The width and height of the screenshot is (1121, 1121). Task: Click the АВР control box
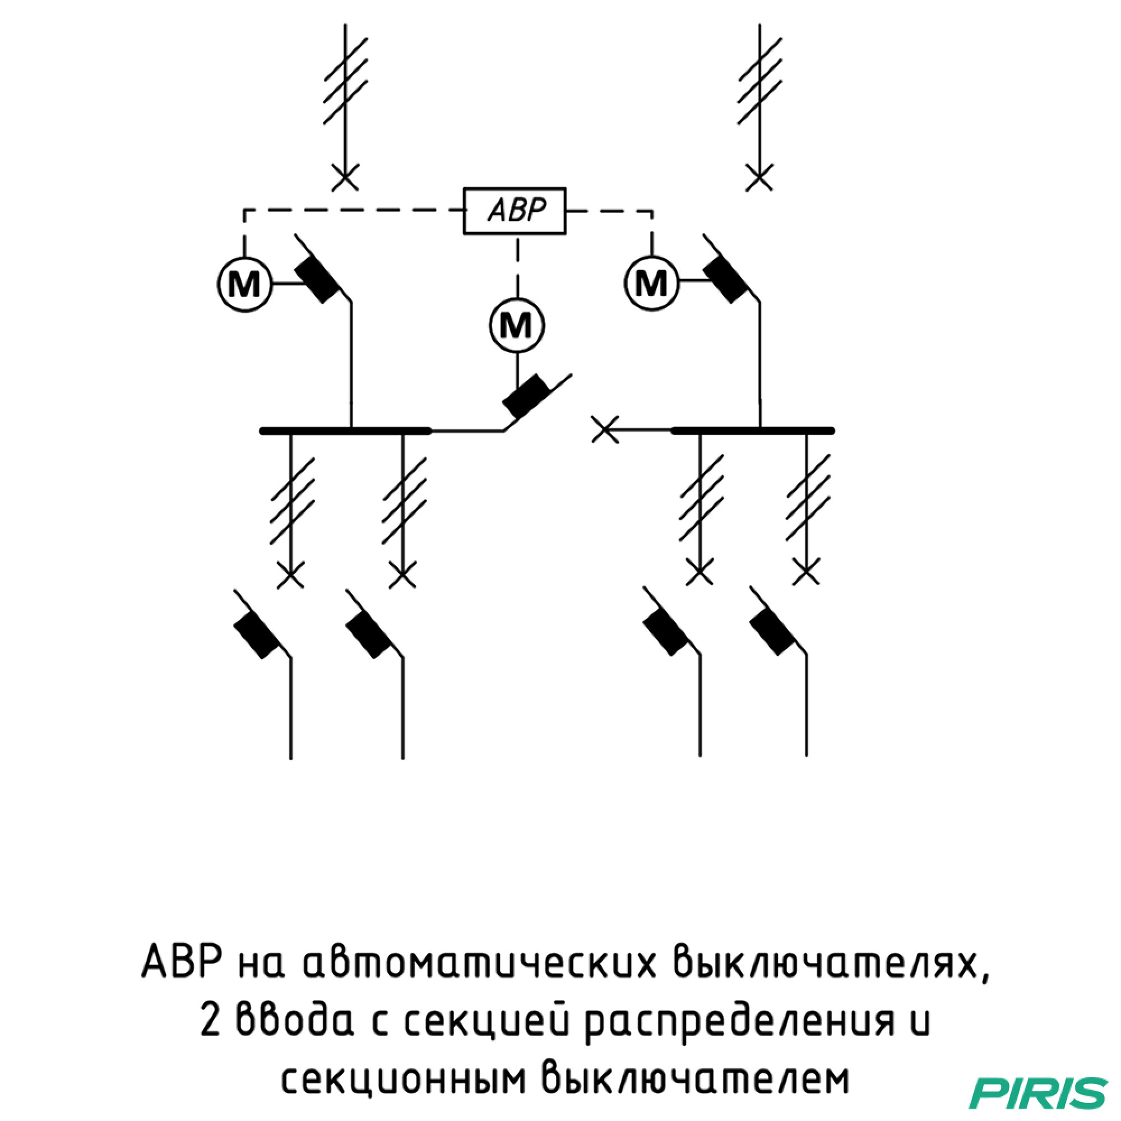click(x=514, y=211)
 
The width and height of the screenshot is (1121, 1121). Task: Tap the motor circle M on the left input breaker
click(x=244, y=284)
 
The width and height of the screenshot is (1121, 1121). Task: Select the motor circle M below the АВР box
click(x=516, y=325)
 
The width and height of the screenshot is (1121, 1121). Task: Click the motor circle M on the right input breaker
click(x=652, y=283)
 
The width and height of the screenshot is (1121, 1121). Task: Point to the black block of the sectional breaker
click(x=527, y=396)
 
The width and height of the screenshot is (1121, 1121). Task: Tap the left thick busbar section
click(x=346, y=430)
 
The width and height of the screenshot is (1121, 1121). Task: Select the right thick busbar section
click(x=753, y=430)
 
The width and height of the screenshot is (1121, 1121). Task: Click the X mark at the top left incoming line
click(x=345, y=177)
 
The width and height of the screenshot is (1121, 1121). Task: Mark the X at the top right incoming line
click(x=759, y=177)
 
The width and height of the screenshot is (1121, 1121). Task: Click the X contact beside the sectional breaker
click(x=605, y=429)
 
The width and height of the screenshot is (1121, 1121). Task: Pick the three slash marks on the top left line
click(x=345, y=81)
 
